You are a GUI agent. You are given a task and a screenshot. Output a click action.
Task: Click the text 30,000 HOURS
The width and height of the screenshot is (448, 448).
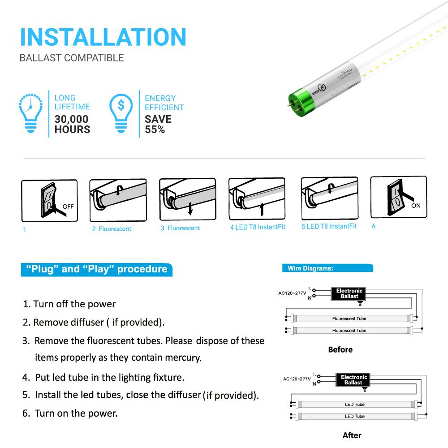pyautogui.click(x=72, y=125)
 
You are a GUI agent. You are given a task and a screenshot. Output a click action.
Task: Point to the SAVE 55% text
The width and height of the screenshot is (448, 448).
pyautogui.click(x=158, y=125)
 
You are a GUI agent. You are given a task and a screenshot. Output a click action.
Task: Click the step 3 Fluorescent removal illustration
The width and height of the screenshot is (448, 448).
pyautogui.click(x=187, y=199)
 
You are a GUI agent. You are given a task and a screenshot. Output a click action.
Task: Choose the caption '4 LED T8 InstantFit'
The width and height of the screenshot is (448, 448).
pyautogui.click(x=258, y=227)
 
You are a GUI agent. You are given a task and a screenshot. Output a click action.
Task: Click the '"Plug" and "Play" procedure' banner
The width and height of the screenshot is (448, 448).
pyautogui.click(x=96, y=269)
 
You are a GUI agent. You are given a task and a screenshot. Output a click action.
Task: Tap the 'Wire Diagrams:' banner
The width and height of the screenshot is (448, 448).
pyautogui.click(x=327, y=268)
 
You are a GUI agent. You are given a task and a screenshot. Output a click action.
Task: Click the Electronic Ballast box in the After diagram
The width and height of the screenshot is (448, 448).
pyautogui.click(x=353, y=380)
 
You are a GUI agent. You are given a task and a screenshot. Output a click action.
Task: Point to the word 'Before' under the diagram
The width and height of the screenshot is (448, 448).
pyautogui.click(x=340, y=349)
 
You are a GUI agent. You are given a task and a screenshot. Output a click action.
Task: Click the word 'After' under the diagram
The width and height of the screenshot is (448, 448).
pyautogui.click(x=352, y=435)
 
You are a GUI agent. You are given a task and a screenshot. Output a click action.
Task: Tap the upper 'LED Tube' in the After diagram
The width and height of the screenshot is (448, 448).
pyautogui.click(x=354, y=405)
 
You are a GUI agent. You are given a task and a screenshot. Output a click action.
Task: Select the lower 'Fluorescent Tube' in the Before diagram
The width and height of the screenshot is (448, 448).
pyautogui.click(x=349, y=331)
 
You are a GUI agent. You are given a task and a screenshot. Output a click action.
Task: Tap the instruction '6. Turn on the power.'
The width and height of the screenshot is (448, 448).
pyautogui.click(x=70, y=414)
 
